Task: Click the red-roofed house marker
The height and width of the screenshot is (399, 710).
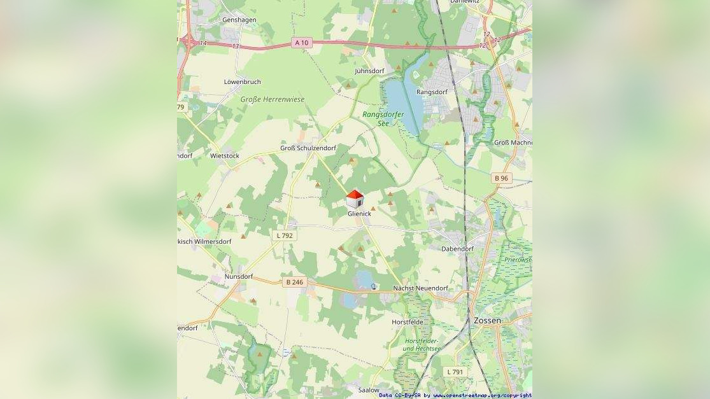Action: pyautogui.click(x=355, y=199)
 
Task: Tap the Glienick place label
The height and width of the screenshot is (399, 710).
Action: pyautogui.click(x=359, y=214)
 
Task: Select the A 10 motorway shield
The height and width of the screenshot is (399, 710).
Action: pyautogui.click(x=301, y=43)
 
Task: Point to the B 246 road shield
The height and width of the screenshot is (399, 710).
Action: pyautogui.click(x=294, y=282)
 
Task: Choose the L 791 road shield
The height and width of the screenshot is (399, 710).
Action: pyautogui.click(x=455, y=372)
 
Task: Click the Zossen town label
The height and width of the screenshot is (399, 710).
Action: pyautogui.click(x=487, y=321)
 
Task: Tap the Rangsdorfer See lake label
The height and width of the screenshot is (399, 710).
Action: pyautogui.click(x=383, y=118)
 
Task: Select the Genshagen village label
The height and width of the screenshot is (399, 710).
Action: pyautogui.click(x=239, y=20)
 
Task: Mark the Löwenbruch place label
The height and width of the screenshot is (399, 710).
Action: pyautogui.click(x=242, y=82)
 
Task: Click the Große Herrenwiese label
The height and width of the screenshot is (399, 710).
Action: pyautogui.click(x=273, y=99)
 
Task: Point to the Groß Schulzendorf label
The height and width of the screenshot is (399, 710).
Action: pyautogui.click(x=308, y=148)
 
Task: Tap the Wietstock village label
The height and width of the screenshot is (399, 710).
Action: pyautogui.click(x=225, y=156)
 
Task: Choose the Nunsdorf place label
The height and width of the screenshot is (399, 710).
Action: pyautogui.click(x=239, y=277)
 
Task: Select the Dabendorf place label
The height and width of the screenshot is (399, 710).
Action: pyautogui.click(x=457, y=249)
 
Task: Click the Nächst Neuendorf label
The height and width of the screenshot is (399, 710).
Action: pyautogui.click(x=420, y=288)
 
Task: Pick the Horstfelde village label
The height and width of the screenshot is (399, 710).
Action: pyautogui.click(x=408, y=322)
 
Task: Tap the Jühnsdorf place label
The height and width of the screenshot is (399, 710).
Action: pyautogui.click(x=369, y=71)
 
